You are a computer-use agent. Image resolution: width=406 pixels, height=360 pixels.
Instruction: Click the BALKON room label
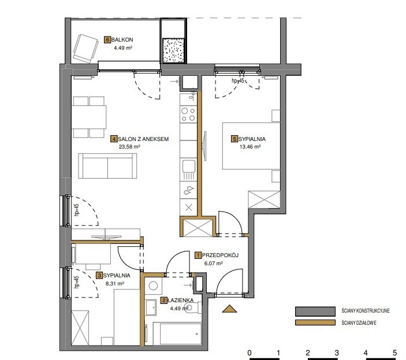[122, 40]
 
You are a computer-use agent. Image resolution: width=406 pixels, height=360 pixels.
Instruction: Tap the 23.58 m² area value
[129, 147]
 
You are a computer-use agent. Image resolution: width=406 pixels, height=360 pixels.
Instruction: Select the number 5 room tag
[234, 139]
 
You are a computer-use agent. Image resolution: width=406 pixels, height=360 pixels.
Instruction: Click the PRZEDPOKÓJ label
[220, 255]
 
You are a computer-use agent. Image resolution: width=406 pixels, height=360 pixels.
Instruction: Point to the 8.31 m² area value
[115, 284]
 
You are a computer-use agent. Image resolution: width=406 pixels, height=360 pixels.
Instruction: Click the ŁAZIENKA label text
[180, 300]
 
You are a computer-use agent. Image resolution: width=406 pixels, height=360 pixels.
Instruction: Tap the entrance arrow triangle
[229, 309]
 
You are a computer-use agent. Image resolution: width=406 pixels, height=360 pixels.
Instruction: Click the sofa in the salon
[107, 165]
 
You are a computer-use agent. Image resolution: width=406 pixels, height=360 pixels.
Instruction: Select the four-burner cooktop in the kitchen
[188, 114]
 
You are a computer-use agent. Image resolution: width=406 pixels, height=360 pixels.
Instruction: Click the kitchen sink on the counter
[188, 170]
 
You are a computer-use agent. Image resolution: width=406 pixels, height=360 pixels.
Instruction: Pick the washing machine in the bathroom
[154, 286]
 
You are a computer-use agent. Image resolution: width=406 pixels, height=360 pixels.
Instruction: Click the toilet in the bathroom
[193, 308]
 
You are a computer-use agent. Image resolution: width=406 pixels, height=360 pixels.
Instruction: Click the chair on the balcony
[85, 49]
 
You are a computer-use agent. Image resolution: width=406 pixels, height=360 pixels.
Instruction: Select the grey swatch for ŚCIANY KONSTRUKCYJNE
[315, 311]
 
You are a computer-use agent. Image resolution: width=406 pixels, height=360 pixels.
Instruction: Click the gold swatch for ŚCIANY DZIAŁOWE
[315, 322]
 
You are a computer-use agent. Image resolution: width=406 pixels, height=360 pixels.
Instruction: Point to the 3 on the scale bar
[337, 352]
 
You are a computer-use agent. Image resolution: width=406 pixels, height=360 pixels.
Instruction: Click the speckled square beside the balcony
[173, 50]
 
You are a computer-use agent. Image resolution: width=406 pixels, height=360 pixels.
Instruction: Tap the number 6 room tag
[107, 40]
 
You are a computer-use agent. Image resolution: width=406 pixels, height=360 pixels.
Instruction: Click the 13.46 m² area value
[250, 147]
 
